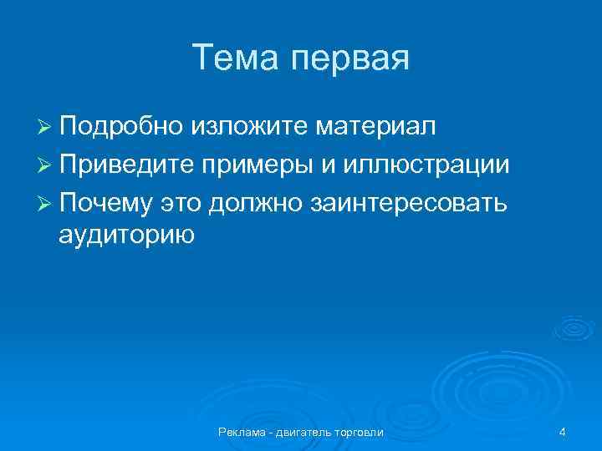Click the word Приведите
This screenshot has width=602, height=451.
tap(127, 165)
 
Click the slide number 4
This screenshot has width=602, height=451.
tap(563, 432)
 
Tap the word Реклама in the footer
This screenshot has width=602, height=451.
tap(239, 432)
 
